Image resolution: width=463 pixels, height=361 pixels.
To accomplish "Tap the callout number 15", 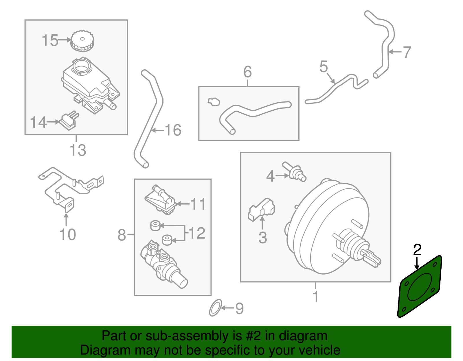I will point(50,40).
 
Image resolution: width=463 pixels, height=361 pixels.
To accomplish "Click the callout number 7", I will point(407,52).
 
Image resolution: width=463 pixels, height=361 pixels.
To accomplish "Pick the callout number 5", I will point(324,67).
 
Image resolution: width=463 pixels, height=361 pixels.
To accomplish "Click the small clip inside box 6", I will point(214,102).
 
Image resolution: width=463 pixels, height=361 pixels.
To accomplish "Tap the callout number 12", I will point(197,233).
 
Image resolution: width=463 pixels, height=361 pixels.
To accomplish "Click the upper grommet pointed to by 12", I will point(155,225).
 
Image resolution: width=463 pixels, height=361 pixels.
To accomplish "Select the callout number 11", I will point(198,204).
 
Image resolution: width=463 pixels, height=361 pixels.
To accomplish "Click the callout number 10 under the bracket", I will point(68,234).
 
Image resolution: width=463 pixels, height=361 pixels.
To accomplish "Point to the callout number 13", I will point(78,150).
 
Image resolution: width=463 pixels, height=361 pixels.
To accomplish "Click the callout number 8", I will point(122,235).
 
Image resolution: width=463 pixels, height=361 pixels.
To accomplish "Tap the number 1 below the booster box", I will point(316,297).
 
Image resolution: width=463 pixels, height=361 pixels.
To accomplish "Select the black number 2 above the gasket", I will point(417,249).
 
